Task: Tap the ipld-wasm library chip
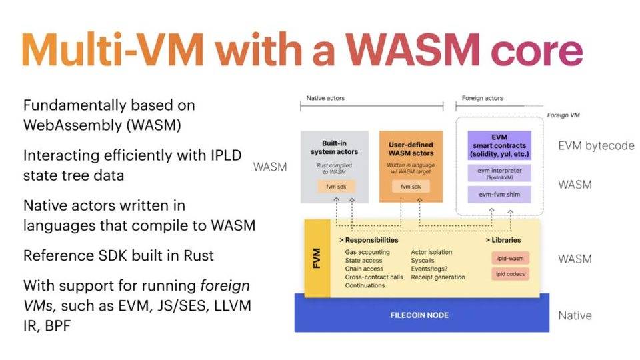(x=511, y=258)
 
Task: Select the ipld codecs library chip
(x=511, y=274)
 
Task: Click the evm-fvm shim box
(x=499, y=195)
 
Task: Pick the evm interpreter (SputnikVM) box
(x=499, y=173)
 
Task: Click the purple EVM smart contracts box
(x=499, y=145)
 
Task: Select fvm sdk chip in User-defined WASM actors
(x=411, y=187)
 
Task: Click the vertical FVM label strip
(x=317, y=258)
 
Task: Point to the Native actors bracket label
(x=325, y=99)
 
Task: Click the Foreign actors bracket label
(x=482, y=99)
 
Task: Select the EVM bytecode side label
(x=596, y=145)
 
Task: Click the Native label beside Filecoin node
(x=575, y=316)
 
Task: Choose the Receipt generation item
(x=438, y=277)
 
